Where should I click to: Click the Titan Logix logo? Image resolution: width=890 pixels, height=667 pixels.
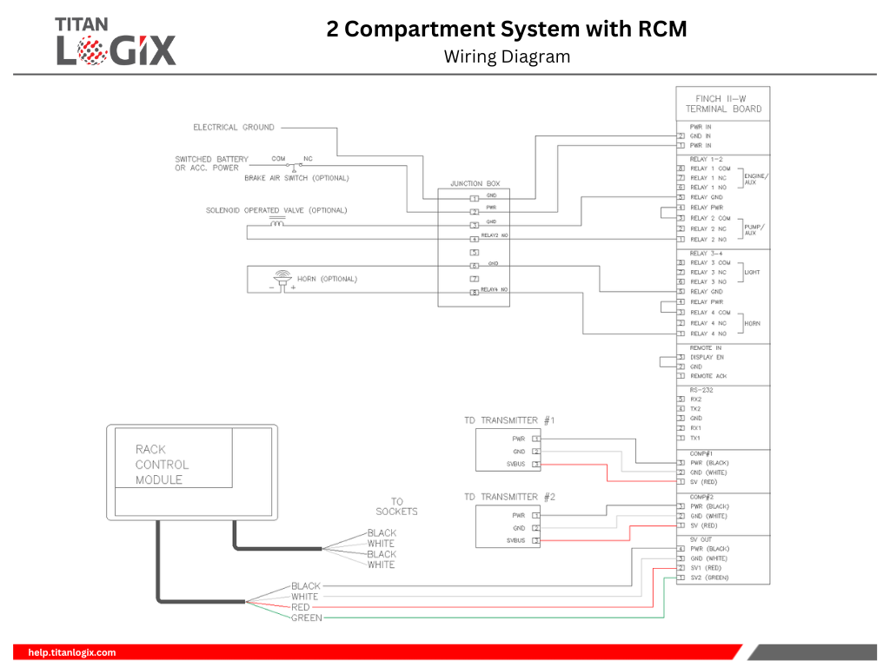coord(116,41)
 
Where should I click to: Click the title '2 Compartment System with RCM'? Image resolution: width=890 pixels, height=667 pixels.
coord(507,30)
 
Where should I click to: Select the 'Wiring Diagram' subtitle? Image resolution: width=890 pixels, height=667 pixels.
coord(507,57)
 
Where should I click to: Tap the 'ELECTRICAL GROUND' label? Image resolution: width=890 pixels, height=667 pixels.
coord(233,128)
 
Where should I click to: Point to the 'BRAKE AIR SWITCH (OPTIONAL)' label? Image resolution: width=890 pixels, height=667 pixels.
coord(296,178)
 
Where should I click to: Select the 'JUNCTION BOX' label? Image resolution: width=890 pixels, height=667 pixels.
coord(475,184)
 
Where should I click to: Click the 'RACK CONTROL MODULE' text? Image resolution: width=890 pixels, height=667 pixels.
coord(162,465)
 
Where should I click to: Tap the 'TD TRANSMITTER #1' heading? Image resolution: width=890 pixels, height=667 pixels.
coord(509,420)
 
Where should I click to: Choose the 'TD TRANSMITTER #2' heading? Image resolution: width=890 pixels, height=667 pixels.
coord(509,497)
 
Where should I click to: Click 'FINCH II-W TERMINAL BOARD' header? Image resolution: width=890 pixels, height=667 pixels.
coord(722,104)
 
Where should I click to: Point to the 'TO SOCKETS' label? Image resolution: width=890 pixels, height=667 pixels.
coord(396,506)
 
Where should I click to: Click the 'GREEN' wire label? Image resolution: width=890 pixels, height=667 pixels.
coord(306,618)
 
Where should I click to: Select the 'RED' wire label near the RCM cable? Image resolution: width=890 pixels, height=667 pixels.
coord(301,607)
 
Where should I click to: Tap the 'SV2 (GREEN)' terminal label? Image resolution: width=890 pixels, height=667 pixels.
coord(709,578)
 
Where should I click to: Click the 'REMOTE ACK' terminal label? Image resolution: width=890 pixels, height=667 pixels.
coord(708,376)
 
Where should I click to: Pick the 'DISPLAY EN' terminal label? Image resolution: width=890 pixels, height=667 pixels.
coord(707,357)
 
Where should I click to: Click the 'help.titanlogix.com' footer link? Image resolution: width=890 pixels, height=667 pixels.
coord(72,652)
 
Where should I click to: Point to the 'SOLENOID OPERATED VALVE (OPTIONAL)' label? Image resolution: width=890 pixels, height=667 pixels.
coord(276,210)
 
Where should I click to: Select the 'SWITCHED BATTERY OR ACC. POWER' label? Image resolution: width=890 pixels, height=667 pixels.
coord(211,163)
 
